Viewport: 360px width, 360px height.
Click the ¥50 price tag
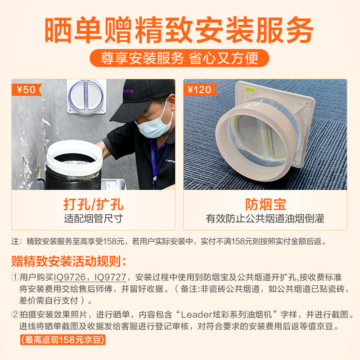27,90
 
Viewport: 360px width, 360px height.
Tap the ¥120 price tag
200,90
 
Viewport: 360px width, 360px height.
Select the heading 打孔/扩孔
93,204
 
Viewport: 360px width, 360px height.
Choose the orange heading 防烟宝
265,204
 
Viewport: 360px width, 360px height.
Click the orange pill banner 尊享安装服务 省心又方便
179,58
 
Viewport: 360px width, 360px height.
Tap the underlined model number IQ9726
70,277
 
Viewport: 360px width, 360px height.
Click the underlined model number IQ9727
110,277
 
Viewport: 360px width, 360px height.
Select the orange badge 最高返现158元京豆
63,340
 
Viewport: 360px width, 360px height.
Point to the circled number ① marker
15,277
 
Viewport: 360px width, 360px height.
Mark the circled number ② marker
15,314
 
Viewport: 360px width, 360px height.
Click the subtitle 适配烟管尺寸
94,218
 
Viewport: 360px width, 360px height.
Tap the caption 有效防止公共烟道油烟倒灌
265,218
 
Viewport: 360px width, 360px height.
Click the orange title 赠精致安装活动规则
69,261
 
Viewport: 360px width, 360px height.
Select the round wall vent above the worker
86,96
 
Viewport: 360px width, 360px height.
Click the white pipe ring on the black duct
74,158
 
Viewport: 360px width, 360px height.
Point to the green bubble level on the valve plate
250,89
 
